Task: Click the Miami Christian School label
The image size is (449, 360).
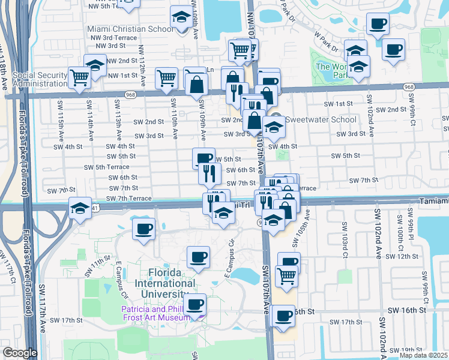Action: coord(130,29)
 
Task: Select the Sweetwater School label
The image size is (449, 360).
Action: coord(313,119)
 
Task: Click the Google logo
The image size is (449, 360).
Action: coord(19,353)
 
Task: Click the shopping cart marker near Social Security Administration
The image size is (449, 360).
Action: coord(79,76)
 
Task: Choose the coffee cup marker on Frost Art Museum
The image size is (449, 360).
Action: coord(194,304)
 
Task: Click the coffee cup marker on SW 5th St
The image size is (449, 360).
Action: coord(203,158)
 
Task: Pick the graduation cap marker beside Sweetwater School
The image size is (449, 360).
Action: coord(273,127)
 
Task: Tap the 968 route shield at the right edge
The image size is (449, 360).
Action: coord(409,87)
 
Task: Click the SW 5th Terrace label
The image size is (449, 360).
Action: coord(106,167)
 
